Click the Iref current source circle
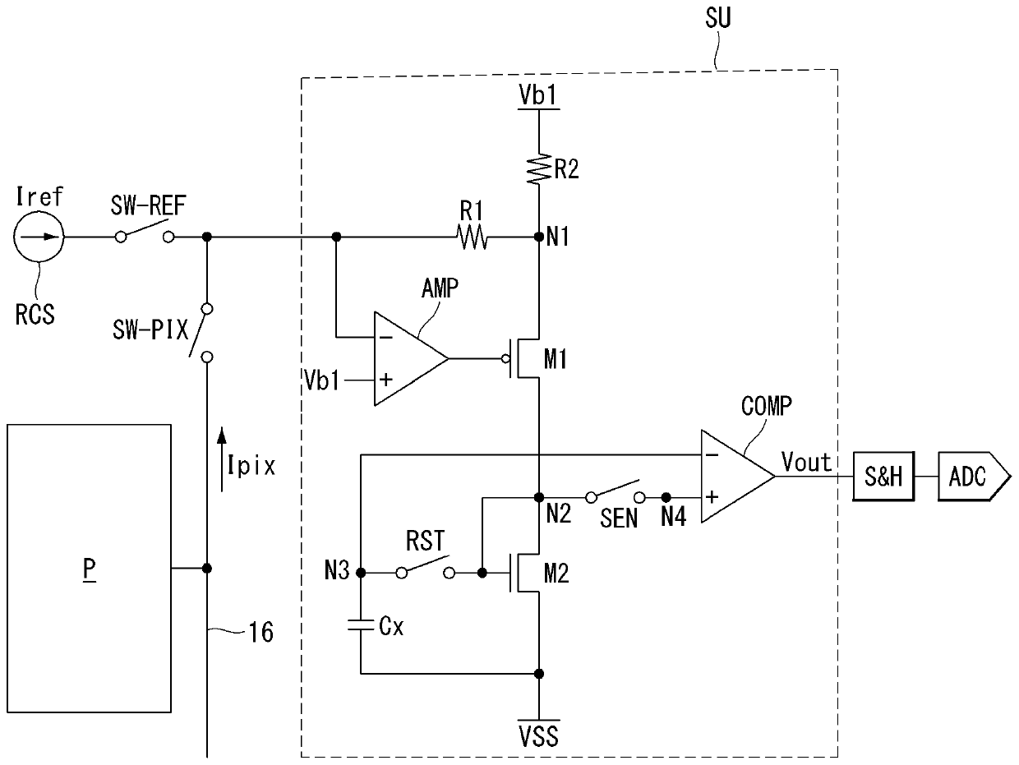click(39, 237)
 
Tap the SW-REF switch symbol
click(145, 233)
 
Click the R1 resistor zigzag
click(472, 237)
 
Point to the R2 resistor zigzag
click(539, 169)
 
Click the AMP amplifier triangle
click(412, 359)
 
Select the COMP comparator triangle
click(738, 477)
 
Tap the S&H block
click(883, 477)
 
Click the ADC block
click(974, 477)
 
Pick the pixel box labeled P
click(89, 568)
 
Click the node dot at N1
click(539, 237)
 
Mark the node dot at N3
click(361, 574)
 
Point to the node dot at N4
click(666, 498)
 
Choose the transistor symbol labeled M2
click(523, 574)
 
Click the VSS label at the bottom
click(539, 736)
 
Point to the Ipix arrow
click(222, 459)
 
